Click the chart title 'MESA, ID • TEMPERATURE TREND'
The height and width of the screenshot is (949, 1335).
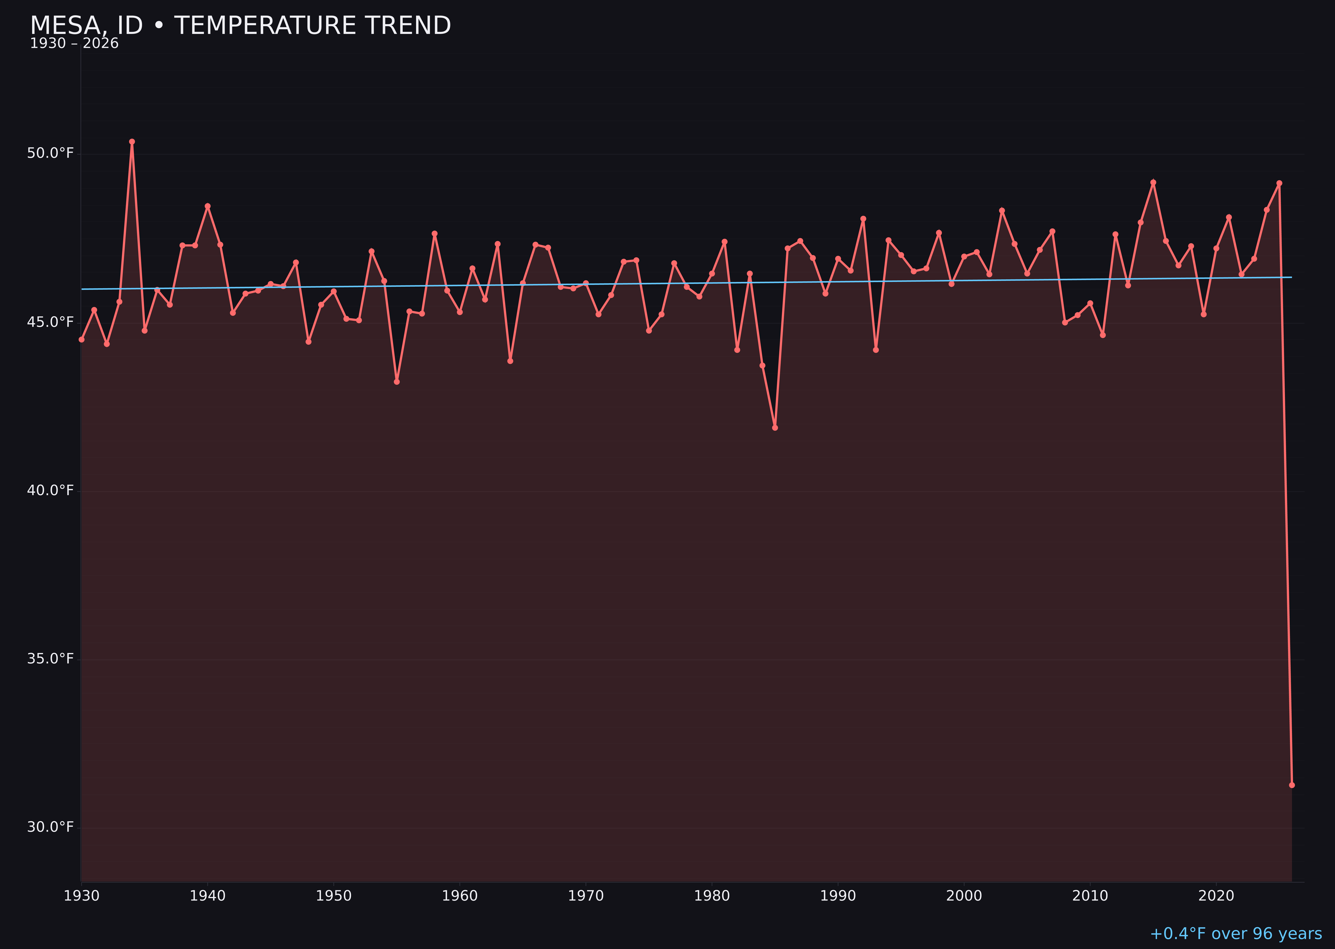click(x=240, y=26)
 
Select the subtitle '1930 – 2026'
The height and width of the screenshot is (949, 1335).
click(x=74, y=44)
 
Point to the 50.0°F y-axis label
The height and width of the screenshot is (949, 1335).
click(x=50, y=153)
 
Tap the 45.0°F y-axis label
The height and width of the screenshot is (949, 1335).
click(x=50, y=322)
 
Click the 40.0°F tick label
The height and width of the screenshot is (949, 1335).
click(x=50, y=490)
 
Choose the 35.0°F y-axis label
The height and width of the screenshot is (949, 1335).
click(x=50, y=659)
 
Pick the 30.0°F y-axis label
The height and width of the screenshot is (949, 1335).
click(x=50, y=827)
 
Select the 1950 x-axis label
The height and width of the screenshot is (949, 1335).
click(x=334, y=896)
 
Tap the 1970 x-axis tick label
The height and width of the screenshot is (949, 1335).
click(x=586, y=896)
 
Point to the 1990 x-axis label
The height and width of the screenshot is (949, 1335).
click(x=838, y=896)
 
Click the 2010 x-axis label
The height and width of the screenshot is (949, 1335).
click(x=1090, y=896)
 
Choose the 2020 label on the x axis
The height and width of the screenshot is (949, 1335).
click(x=1216, y=896)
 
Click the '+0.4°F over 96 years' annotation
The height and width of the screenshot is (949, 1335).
click(x=1236, y=934)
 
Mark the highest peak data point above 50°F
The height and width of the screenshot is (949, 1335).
click(x=132, y=141)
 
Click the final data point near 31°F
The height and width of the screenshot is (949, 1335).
click(x=1292, y=785)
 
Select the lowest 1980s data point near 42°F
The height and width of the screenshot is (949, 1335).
click(x=775, y=428)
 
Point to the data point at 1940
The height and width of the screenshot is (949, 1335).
click(x=208, y=206)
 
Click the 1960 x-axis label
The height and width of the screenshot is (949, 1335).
click(x=460, y=896)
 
